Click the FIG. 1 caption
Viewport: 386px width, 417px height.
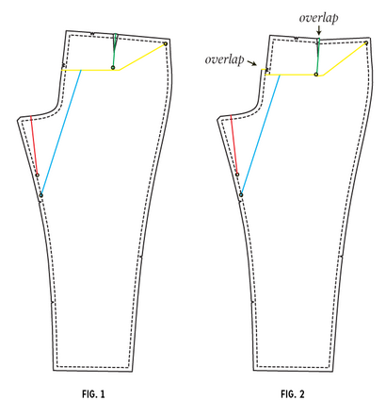tap(93, 394)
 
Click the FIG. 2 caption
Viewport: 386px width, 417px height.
tap(293, 394)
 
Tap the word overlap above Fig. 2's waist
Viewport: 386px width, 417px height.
tap(318, 18)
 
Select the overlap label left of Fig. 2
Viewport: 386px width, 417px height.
tap(224, 59)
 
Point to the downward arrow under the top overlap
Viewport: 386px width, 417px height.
tap(319, 30)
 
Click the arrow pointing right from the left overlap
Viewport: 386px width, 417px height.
tap(252, 63)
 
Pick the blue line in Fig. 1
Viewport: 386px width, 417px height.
tap(61, 132)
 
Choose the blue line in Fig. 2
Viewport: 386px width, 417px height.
tap(261, 135)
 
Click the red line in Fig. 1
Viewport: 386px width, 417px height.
tap(34, 145)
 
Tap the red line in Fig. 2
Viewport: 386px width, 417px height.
tap(233, 144)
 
